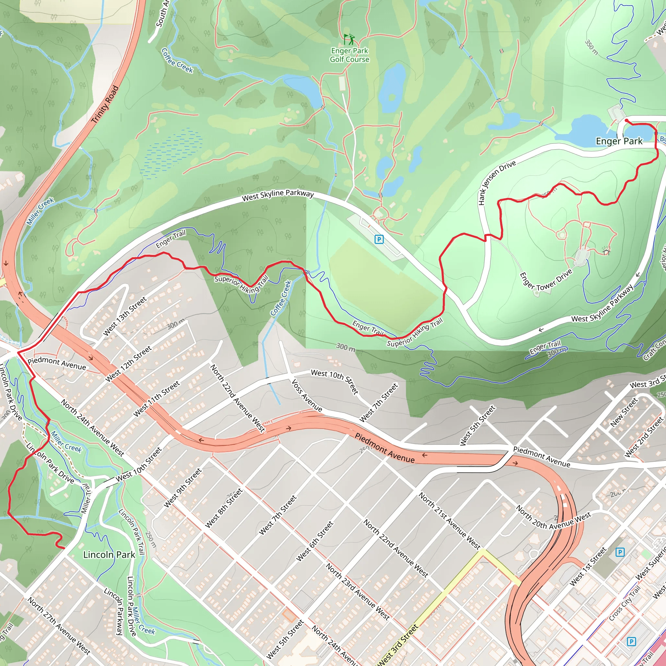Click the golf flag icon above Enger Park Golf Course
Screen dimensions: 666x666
click(x=349, y=39)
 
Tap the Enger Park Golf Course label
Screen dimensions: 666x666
click(x=350, y=55)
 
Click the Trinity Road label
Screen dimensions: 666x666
click(x=105, y=104)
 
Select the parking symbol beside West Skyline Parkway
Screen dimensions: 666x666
click(x=379, y=239)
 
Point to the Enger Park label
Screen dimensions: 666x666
click(x=619, y=141)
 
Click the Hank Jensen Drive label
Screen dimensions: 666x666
click(x=497, y=182)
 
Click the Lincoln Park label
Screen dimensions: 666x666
click(x=109, y=555)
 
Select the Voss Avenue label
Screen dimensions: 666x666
click(x=307, y=395)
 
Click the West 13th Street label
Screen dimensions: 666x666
click(x=125, y=316)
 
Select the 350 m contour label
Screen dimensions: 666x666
click(x=591, y=47)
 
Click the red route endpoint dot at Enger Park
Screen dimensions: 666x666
click(x=626, y=120)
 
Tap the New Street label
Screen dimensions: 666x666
click(x=624, y=413)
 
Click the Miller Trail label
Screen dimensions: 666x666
click(x=86, y=499)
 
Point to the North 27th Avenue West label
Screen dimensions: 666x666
click(x=59, y=626)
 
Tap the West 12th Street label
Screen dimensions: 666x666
click(x=128, y=364)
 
